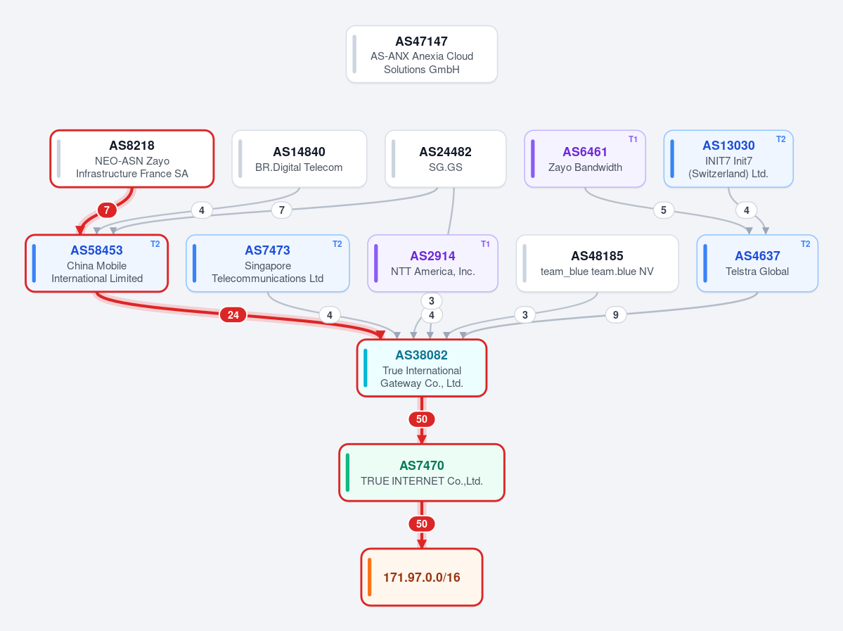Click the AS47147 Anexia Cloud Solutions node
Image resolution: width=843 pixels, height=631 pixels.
(x=422, y=54)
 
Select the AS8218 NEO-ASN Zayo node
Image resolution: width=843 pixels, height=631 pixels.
(x=132, y=159)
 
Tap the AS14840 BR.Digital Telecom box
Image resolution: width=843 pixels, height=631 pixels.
(x=299, y=159)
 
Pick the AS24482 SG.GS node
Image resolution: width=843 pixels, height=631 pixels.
(x=446, y=159)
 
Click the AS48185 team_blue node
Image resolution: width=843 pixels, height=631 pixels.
(x=598, y=263)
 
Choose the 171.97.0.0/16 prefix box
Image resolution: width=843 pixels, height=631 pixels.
(x=422, y=578)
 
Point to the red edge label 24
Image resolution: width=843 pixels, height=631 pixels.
(x=233, y=314)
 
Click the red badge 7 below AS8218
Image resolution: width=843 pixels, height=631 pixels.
(x=107, y=210)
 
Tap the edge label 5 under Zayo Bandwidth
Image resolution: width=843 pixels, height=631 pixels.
(x=664, y=210)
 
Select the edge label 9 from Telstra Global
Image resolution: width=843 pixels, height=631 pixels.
(x=616, y=314)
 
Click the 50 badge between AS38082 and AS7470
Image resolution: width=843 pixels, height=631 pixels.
(x=422, y=419)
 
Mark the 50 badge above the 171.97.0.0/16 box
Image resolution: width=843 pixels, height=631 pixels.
(x=422, y=524)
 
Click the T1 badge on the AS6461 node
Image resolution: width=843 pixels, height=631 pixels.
(x=633, y=139)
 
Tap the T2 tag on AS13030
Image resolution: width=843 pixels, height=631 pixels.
(x=780, y=139)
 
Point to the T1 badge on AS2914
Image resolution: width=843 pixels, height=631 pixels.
(x=485, y=244)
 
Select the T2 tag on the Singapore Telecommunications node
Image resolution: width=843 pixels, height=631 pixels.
(x=337, y=244)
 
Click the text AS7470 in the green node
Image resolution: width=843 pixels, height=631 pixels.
(x=422, y=465)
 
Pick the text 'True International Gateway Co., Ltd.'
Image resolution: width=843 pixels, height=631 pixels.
(x=422, y=377)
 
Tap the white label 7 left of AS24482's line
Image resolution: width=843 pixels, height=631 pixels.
(x=282, y=210)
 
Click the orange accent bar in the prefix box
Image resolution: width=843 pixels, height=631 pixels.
(x=369, y=578)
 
